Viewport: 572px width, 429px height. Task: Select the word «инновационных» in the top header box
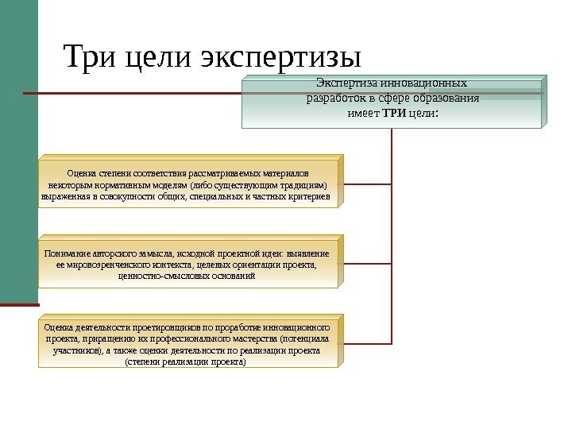(x=427, y=83)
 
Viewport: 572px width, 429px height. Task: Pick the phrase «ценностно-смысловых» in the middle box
(x=157, y=276)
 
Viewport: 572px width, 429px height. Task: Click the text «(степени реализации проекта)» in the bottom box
(x=186, y=362)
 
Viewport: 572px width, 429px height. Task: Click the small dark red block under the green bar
(x=19, y=302)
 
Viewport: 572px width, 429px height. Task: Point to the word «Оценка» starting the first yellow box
(x=82, y=172)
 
